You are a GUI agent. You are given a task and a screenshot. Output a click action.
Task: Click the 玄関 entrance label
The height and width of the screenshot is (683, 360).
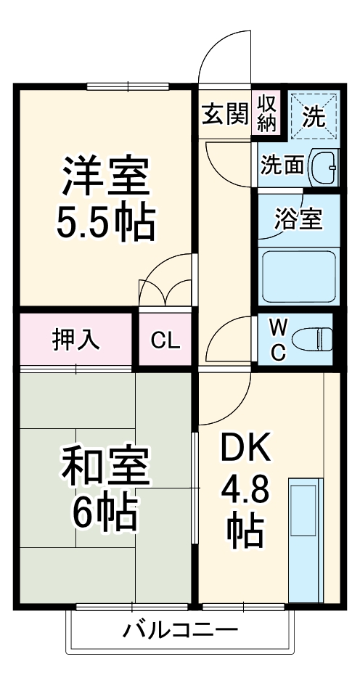(x=224, y=114)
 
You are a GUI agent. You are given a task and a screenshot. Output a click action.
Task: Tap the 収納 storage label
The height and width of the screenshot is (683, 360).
(x=267, y=113)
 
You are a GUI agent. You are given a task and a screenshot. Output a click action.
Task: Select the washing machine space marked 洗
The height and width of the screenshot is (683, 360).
(x=314, y=115)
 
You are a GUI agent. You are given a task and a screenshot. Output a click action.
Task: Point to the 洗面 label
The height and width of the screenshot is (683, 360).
(x=282, y=166)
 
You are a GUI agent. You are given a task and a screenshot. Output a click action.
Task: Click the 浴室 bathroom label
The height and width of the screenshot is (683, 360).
(x=298, y=219)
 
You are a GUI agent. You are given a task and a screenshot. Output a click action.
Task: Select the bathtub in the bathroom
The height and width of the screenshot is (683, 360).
(x=298, y=275)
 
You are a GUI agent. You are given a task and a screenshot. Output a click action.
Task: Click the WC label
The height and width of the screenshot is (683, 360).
(x=277, y=339)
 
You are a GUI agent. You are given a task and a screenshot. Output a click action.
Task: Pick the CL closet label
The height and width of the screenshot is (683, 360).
(x=165, y=340)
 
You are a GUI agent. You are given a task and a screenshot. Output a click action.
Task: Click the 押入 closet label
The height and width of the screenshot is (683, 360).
(x=75, y=339)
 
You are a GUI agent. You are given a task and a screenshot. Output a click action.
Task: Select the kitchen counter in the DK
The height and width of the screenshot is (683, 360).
(x=306, y=540)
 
